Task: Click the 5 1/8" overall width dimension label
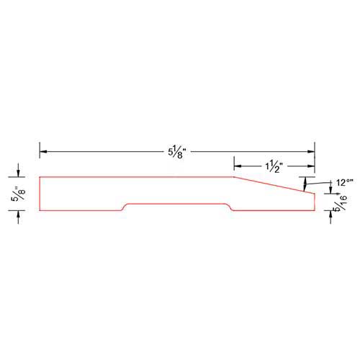[177, 153]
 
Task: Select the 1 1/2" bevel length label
[273, 167]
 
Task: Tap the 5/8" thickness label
[19, 194]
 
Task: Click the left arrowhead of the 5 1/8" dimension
[43, 152]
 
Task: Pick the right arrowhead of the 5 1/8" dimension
[311, 152]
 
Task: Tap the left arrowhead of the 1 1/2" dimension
[238, 166]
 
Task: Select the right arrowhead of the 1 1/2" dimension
[311, 166]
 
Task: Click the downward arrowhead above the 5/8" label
[18, 174]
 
